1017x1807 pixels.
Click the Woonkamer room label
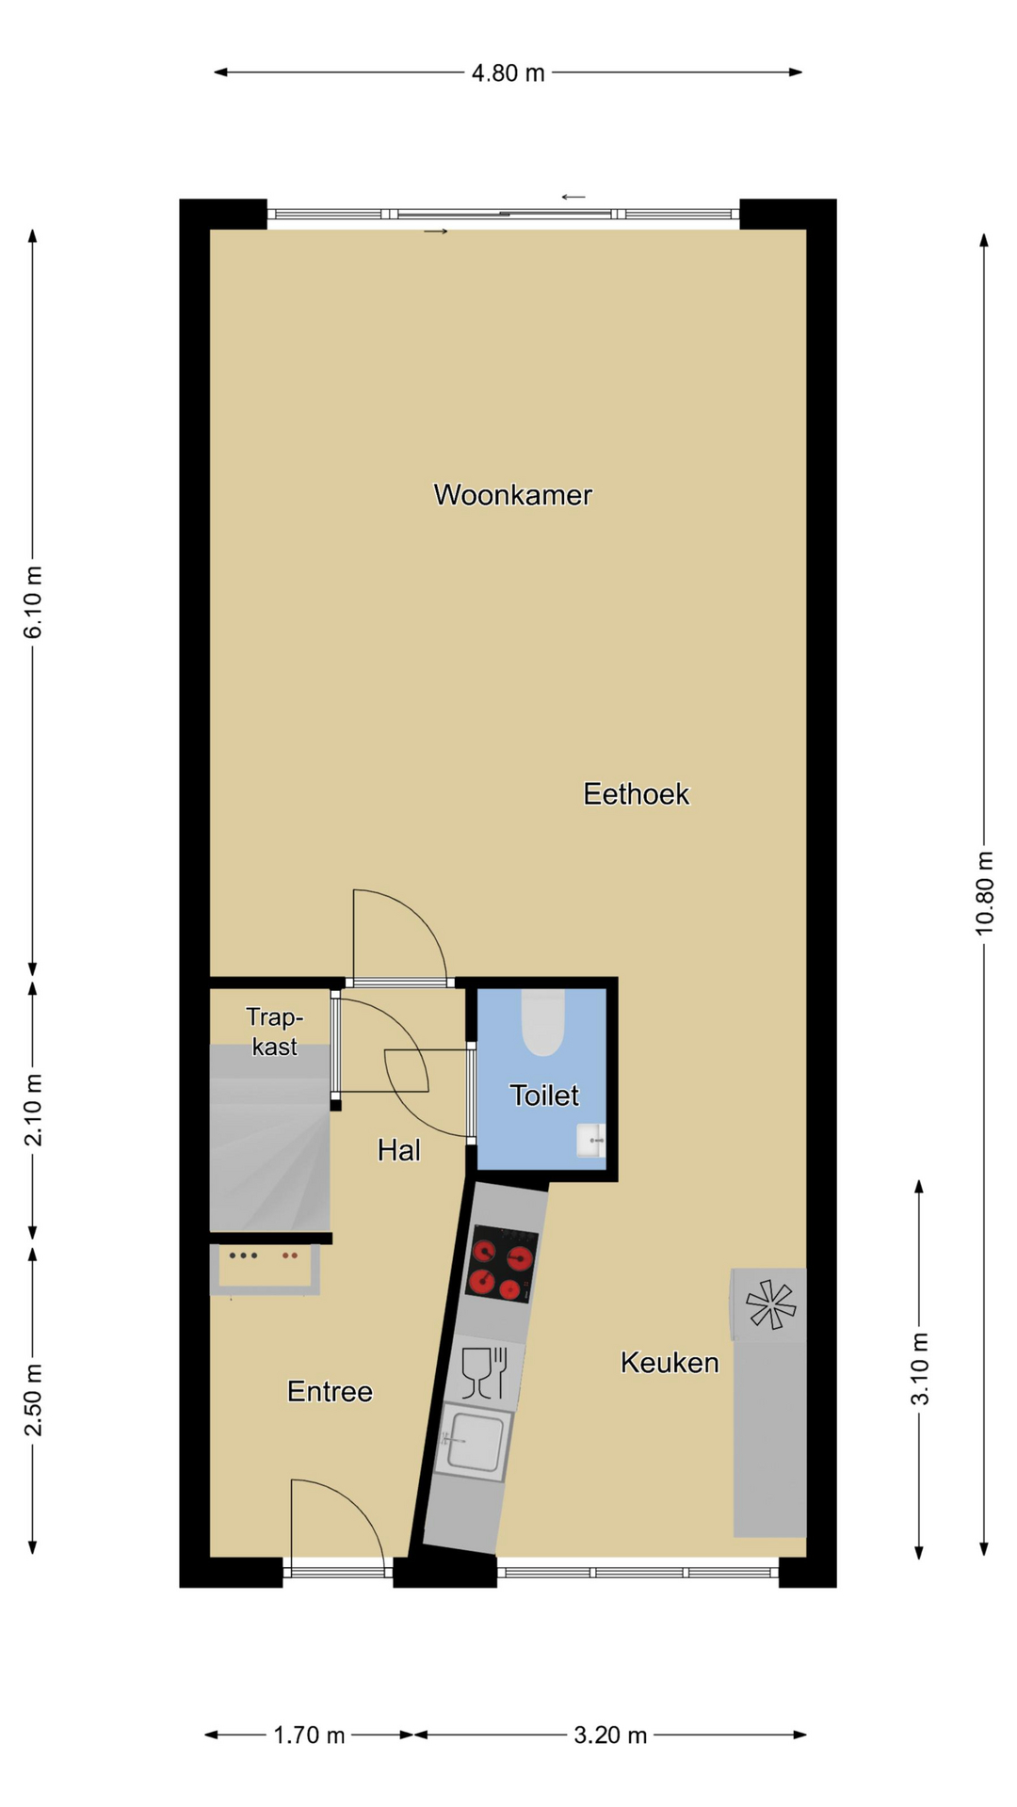click(x=512, y=495)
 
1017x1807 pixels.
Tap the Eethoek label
click(x=636, y=794)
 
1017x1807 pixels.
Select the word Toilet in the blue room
click(x=544, y=1095)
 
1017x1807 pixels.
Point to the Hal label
click(x=398, y=1150)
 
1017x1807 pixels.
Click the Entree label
click(x=330, y=1392)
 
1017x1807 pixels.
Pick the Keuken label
click(x=670, y=1363)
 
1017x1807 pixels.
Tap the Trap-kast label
click(x=274, y=1031)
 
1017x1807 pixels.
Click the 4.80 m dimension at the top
click(x=508, y=73)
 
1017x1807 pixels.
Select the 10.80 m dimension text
click(x=984, y=893)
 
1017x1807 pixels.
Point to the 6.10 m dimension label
click(x=33, y=602)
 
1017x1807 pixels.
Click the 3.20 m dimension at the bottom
click(x=610, y=1735)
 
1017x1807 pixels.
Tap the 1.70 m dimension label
click(x=309, y=1735)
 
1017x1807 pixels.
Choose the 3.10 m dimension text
click(x=920, y=1369)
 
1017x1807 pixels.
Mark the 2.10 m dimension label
click(x=33, y=1111)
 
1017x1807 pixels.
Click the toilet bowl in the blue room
click(x=542, y=1021)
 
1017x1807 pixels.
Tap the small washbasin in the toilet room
click(x=591, y=1141)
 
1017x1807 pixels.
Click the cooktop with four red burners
click(x=502, y=1264)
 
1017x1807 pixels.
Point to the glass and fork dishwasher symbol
click(x=486, y=1373)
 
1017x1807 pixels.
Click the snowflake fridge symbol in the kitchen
click(x=770, y=1304)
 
